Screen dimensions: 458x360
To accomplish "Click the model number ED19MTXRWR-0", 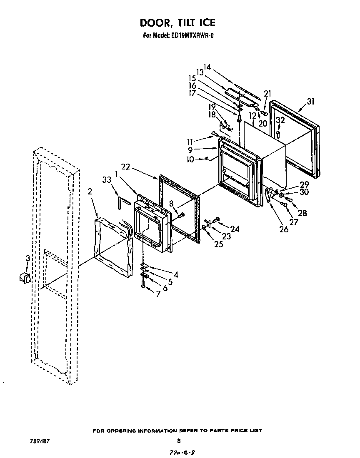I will click(x=193, y=35).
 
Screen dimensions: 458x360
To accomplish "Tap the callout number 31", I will click(x=311, y=102).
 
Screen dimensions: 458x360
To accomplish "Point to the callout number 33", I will click(x=107, y=180).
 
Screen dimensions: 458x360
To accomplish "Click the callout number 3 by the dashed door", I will click(x=27, y=258).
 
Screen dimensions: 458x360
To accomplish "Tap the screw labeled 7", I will click(x=143, y=285).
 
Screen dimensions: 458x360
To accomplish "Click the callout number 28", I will click(x=302, y=213).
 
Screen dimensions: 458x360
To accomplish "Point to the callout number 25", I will click(x=218, y=244).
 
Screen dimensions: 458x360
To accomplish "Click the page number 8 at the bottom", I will click(x=179, y=441).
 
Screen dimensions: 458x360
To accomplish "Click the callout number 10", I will click(x=190, y=159).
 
